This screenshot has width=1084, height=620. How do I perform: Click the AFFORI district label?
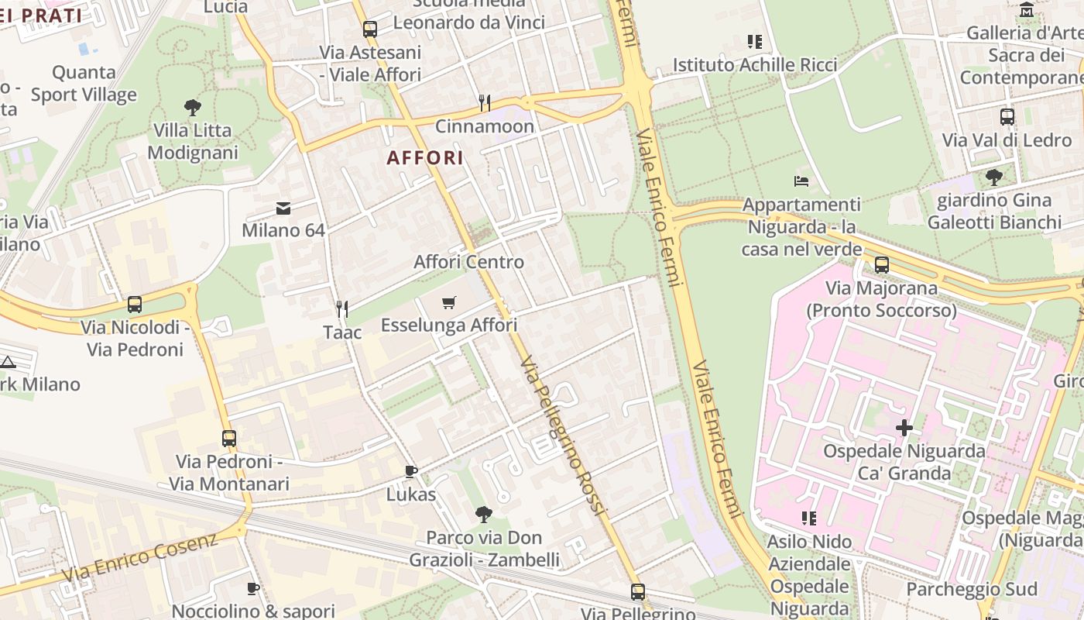click(x=425, y=158)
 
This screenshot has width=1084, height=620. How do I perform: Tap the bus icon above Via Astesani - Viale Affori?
click(x=370, y=29)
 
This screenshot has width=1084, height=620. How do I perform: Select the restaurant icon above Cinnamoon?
click(x=485, y=102)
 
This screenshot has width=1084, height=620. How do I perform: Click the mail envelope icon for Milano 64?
click(x=283, y=208)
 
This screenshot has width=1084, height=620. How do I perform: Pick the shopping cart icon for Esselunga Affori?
click(x=449, y=302)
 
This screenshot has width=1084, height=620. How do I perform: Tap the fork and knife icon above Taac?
click(x=342, y=309)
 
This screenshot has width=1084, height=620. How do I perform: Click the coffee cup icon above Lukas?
click(x=411, y=471)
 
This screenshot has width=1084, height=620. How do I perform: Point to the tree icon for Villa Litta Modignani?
click(x=193, y=107)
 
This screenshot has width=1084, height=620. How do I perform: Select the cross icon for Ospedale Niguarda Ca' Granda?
click(x=904, y=428)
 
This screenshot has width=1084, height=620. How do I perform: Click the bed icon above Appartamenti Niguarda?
click(x=801, y=181)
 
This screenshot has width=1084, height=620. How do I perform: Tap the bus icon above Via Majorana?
click(x=881, y=265)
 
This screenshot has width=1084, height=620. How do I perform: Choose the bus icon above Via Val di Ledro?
click(x=1007, y=117)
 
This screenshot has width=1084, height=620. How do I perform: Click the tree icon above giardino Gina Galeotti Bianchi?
click(x=994, y=177)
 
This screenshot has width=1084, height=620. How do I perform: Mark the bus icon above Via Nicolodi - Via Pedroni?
click(x=135, y=305)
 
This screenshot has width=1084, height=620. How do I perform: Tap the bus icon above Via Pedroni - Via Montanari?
click(x=229, y=438)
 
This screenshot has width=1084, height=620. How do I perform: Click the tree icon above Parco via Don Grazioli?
click(x=484, y=514)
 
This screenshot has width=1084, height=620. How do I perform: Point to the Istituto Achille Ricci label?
click(x=755, y=65)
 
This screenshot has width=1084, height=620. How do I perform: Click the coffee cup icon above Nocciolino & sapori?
click(x=252, y=589)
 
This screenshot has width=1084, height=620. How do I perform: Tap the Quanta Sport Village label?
click(x=84, y=84)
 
